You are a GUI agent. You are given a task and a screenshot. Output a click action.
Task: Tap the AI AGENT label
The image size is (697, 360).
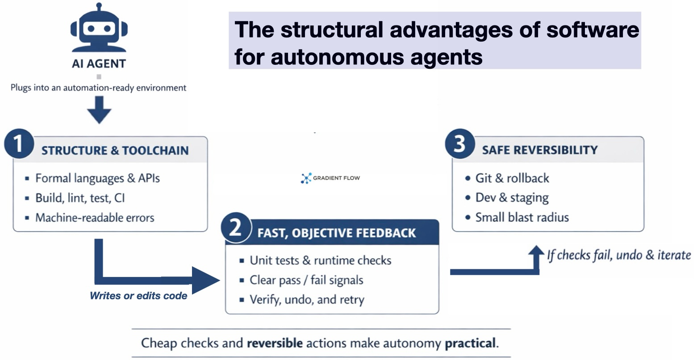click(99, 63)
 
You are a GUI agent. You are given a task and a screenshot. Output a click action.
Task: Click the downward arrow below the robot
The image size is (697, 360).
click(99, 109)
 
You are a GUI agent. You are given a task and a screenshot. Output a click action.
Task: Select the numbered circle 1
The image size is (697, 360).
click(19, 144)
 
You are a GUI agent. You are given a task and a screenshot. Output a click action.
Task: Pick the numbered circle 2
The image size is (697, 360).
click(235, 228)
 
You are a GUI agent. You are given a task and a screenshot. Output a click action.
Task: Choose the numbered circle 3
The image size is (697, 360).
click(459, 144)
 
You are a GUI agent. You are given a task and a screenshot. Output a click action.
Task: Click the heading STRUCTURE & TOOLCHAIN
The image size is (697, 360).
click(115, 151)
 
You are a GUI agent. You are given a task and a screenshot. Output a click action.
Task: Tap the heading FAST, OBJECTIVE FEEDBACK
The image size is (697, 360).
click(336, 233)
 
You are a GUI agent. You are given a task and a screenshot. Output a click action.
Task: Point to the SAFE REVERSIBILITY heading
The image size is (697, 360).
click(539, 150)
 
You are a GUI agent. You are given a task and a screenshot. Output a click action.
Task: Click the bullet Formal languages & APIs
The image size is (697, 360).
click(97, 178)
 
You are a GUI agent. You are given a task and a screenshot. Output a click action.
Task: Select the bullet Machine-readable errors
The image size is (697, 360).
click(95, 218)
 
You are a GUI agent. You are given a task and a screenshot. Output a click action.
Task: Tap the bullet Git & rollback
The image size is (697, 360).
click(512, 178)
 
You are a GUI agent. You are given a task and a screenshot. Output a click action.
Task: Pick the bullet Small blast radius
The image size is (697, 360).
click(522, 217)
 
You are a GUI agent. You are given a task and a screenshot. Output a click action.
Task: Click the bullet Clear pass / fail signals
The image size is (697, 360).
click(306, 280)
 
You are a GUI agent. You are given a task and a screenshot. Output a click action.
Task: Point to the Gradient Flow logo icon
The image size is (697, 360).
click(306, 178)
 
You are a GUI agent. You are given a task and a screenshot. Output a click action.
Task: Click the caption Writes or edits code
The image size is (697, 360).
click(138, 295)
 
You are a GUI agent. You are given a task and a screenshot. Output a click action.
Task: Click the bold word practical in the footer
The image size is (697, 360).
click(471, 343)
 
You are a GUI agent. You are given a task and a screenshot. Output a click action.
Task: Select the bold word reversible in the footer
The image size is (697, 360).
click(275, 343)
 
